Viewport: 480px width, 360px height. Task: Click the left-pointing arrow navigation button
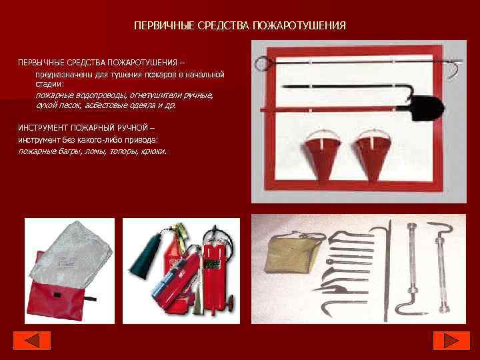(32, 341)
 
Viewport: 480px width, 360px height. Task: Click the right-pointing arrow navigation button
(451, 341)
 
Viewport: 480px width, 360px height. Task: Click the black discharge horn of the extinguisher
(145, 257)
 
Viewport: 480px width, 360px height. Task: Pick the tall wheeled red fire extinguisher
(217, 269)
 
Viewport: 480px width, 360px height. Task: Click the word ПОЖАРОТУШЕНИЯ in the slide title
(299, 26)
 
